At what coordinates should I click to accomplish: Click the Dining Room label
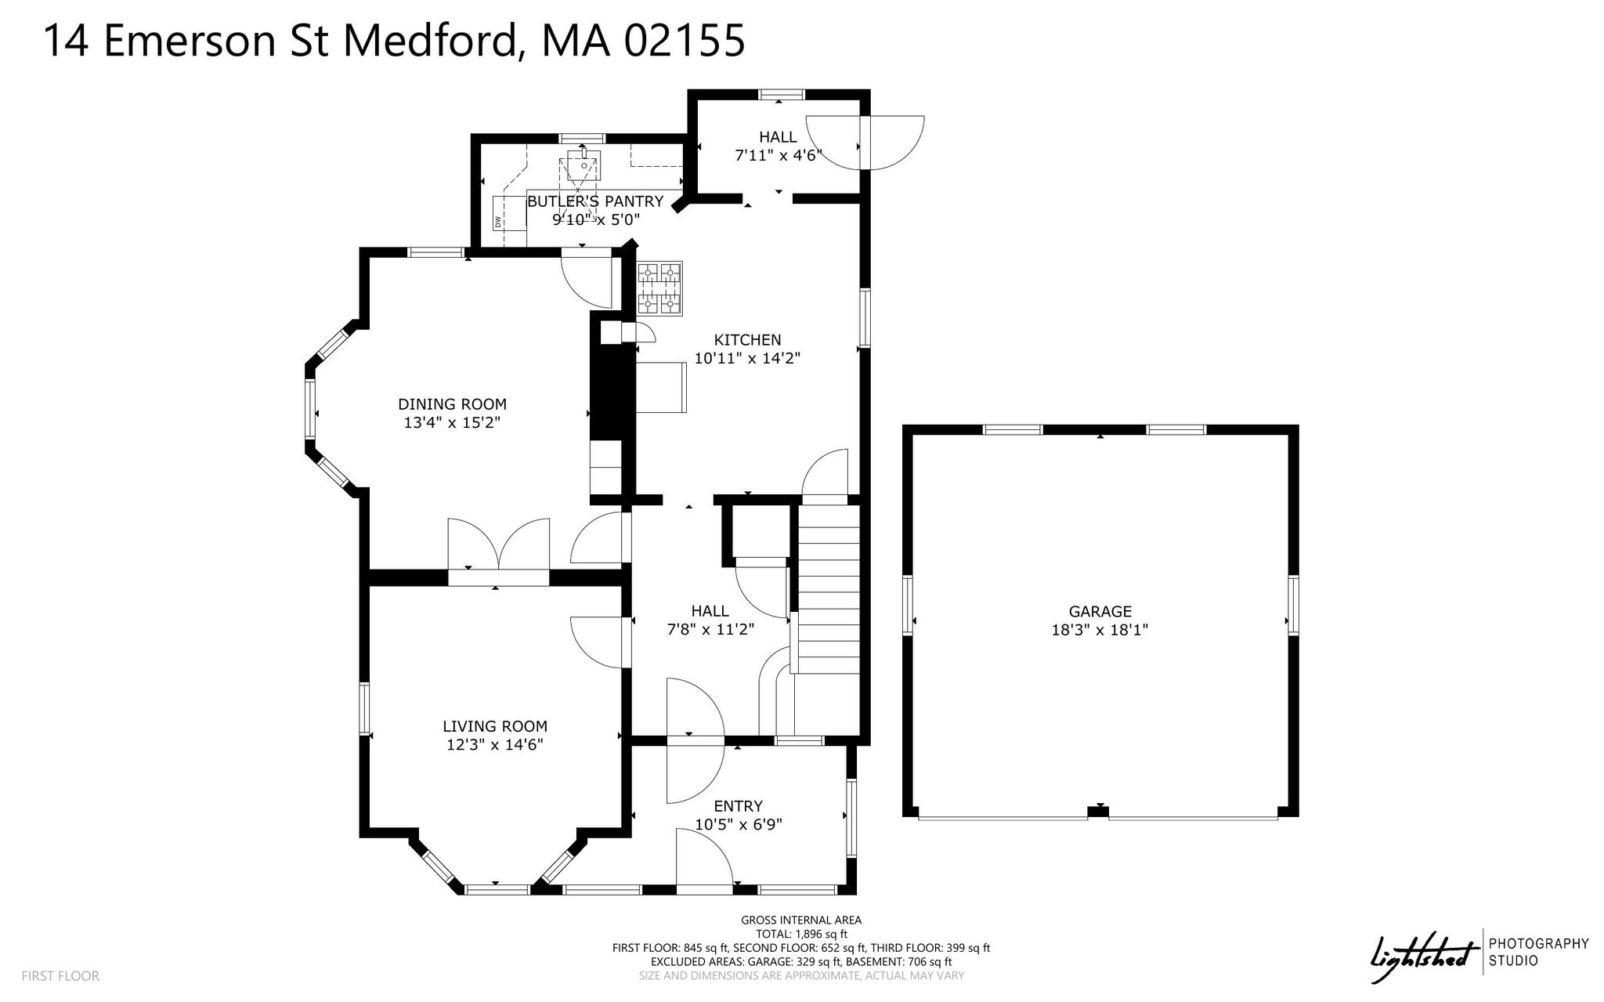tap(452, 404)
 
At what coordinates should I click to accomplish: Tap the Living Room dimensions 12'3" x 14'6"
tap(495, 744)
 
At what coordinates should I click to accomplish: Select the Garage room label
tap(1100, 612)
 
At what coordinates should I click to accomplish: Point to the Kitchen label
tap(747, 340)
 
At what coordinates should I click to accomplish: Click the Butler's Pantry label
tap(595, 201)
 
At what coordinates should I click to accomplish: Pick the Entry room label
tap(738, 806)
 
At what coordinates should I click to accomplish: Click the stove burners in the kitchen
tap(659, 289)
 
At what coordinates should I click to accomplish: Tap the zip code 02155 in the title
tap(684, 41)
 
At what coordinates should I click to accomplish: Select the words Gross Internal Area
tap(801, 921)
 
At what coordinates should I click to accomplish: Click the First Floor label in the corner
tap(60, 976)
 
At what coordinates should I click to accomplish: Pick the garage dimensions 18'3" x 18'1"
tap(1100, 630)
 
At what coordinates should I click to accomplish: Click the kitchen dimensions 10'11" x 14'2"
tap(747, 359)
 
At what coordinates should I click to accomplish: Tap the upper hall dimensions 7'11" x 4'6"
tap(778, 155)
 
